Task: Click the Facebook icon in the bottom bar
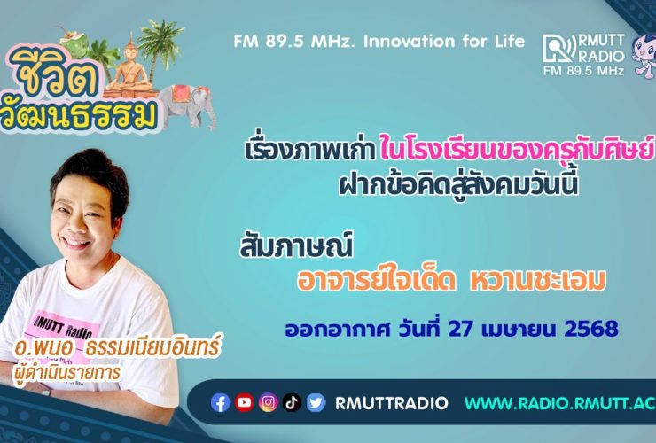tap(221, 403)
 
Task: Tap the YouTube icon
tap(245, 402)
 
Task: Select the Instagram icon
tap(269, 402)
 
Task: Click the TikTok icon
tap(292, 403)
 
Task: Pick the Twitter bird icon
tap(316, 403)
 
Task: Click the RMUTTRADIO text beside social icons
tap(392, 403)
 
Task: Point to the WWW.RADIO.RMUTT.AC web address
tap(560, 403)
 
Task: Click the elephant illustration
tap(187, 105)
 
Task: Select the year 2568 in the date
tap(591, 329)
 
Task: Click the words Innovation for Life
tap(444, 42)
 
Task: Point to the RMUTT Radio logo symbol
tap(559, 49)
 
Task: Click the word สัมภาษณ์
tap(297, 245)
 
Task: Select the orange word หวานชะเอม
tap(538, 280)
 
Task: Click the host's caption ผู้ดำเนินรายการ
tap(66, 371)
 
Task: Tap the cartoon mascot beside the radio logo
tap(644, 55)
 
